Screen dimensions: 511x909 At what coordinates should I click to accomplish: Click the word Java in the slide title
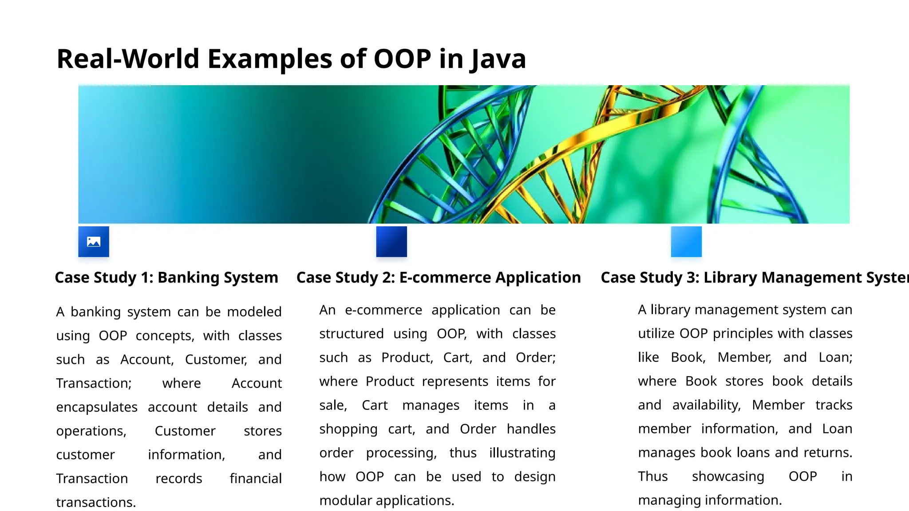[498, 59]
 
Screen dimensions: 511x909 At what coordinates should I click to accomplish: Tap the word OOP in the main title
[402, 59]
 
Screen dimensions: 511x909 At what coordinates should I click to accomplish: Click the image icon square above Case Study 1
[94, 242]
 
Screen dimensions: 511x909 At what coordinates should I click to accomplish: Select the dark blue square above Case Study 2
[391, 242]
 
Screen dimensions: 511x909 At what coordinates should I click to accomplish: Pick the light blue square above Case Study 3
[686, 242]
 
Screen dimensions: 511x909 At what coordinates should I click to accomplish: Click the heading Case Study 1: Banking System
[166, 278]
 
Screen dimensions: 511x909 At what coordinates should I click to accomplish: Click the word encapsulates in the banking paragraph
[97, 407]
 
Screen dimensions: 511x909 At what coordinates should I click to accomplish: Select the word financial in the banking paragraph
[256, 479]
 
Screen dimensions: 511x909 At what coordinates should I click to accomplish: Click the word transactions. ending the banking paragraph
[96, 503]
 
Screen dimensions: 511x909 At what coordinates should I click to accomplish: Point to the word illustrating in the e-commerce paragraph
[522, 453]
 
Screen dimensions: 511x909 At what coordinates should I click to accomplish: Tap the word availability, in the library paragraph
[707, 405]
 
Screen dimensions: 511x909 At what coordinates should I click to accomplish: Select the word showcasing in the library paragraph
[728, 476]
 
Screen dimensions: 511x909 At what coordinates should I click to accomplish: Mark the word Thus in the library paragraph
[653, 476]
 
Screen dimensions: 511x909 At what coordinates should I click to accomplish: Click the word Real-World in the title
[128, 59]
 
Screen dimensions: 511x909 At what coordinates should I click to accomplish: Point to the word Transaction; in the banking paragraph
[94, 383]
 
